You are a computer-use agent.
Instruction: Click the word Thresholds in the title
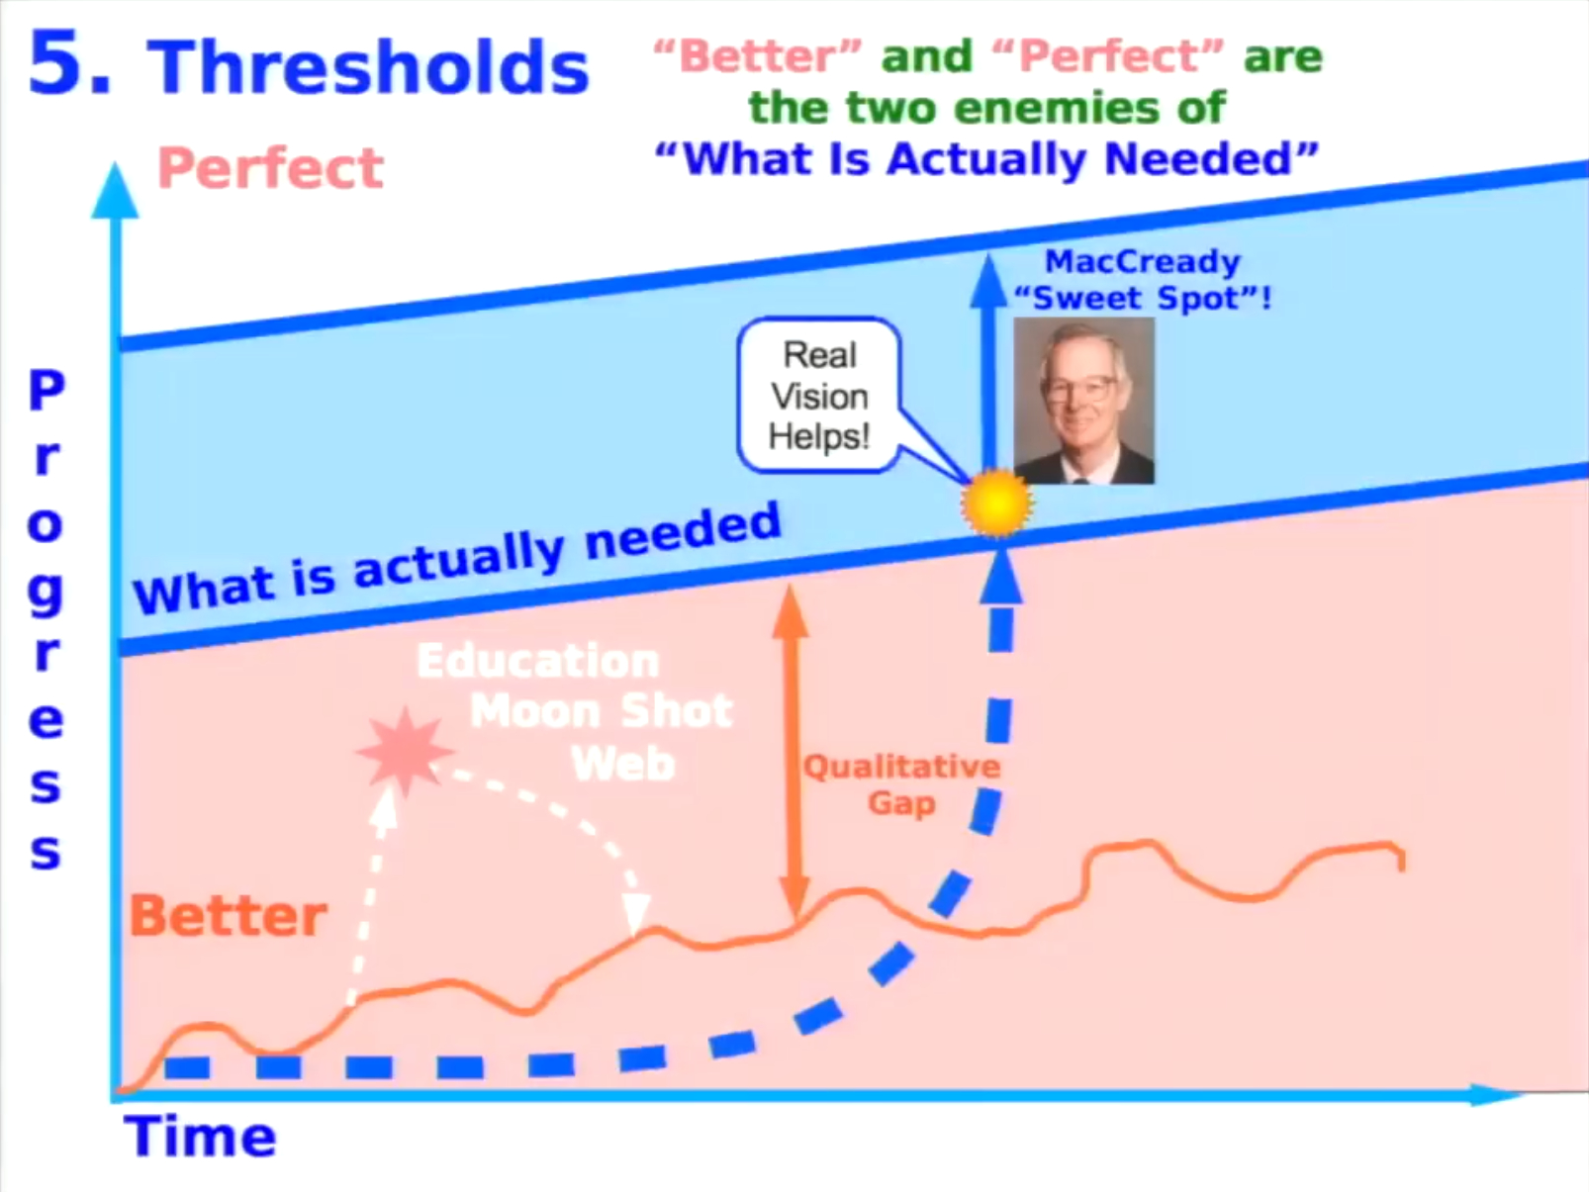point(368,66)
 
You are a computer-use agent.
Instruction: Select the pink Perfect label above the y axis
point(270,168)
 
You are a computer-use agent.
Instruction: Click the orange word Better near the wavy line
point(228,916)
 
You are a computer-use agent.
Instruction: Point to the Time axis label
point(200,1137)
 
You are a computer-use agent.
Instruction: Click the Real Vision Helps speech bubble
point(820,396)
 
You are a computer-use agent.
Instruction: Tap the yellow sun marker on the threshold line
point(996,503)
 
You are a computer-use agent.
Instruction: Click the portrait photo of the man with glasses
point(1083,401)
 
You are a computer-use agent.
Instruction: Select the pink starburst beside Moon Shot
point(404,751)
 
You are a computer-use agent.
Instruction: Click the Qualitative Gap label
point(902,784)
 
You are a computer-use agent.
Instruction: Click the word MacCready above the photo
point(1143,261)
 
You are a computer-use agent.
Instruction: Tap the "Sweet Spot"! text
point(1143,298)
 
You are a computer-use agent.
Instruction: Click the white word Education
point(538,661)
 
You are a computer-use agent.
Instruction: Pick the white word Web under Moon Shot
point(622,763)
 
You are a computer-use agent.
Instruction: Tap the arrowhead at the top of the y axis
point(115,190)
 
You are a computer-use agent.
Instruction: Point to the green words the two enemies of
point(987,109)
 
